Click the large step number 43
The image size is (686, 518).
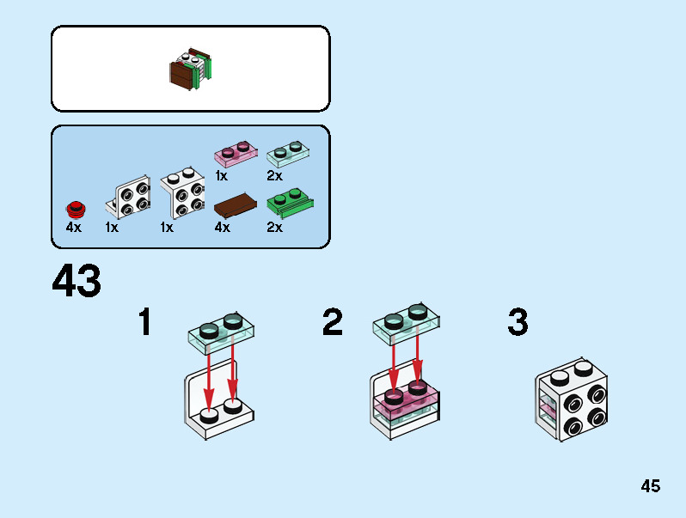point(77,280)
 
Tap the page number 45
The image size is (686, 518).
point(651,486)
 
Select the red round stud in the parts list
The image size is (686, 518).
point(77,210)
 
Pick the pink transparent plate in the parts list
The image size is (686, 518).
point(236,154)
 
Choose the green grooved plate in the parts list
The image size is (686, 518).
point(290,204)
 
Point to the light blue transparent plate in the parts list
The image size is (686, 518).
point(288,154)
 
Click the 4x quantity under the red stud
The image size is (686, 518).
point(74,228)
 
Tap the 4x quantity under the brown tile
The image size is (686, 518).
point(223,228)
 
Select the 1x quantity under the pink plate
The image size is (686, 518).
point(221,176)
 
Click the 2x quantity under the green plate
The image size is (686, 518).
point(275,228)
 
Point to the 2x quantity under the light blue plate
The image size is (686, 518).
point(275,176)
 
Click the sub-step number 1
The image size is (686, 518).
point(144,321)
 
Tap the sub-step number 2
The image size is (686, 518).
point(333,321)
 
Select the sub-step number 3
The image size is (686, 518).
point(518,321)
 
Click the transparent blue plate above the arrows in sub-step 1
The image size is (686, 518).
point(221,333)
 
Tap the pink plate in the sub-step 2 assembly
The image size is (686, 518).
point(405,399)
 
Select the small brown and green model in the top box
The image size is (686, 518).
point(191,69)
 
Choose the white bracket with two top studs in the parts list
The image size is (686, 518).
point(182,192)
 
